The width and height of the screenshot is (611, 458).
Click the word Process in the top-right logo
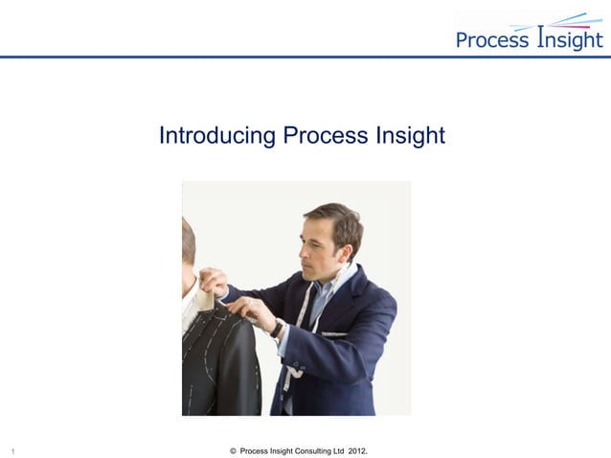(x=491, y=40)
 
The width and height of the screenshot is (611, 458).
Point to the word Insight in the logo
(x=570, y=38)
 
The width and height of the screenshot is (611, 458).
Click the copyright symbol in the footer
(x=235, y=449)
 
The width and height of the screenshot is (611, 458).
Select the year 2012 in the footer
(x=357, y=449)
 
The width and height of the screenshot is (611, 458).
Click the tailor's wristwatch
(x=277, y=329)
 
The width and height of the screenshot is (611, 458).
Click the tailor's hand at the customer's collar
(x=214, y=281)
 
